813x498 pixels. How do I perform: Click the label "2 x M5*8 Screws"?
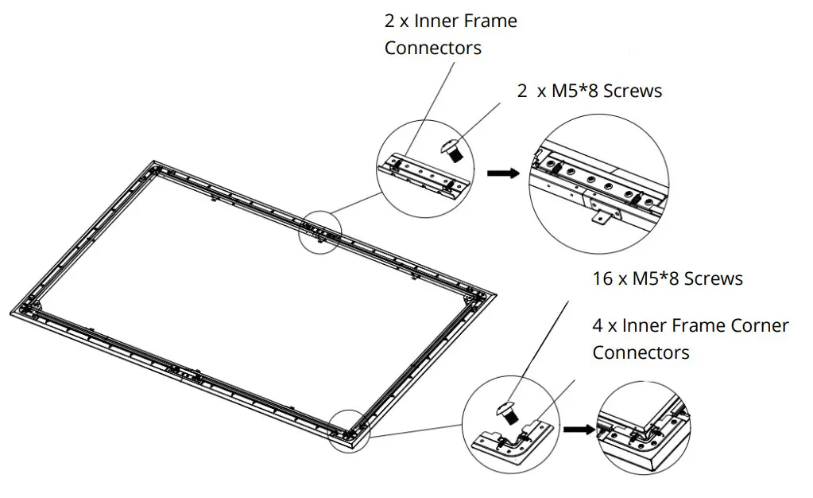589,91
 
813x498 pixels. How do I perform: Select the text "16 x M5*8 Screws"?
667,278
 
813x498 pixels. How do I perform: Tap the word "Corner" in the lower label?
748,325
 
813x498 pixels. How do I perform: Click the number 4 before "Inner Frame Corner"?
598,325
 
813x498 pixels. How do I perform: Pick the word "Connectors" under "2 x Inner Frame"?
432,48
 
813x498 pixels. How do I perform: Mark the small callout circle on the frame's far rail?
319,231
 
